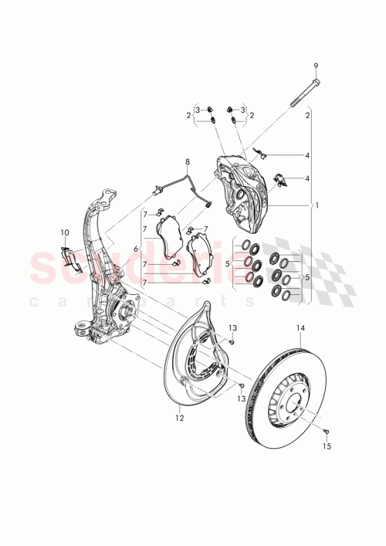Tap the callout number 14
coord(301,327)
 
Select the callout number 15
coord(327,446)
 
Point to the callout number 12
coord(179,419)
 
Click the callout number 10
coord(65,231)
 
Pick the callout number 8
coord(186,163)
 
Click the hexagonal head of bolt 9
coord(315,80)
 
